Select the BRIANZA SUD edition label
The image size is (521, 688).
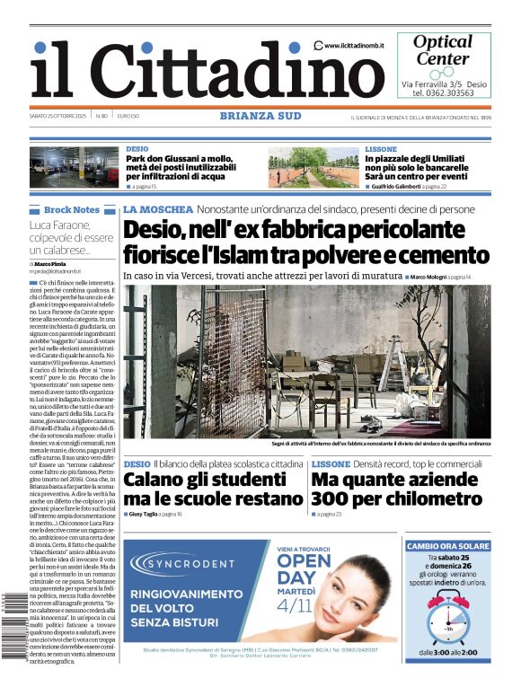260,116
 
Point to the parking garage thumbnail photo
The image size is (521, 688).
74,166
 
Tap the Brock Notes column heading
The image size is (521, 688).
72,210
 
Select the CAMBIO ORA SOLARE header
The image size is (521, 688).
447,545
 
